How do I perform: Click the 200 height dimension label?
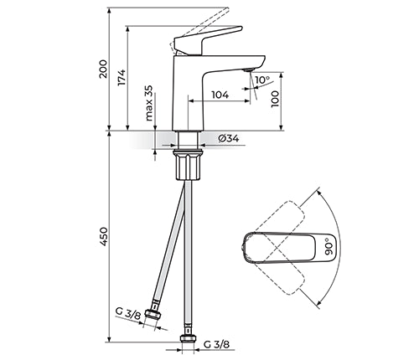103,69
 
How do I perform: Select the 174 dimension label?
122,77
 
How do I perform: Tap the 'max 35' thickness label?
149,103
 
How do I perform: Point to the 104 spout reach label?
220,95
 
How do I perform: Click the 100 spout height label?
275,99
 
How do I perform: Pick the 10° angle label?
262,80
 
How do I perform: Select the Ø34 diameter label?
229,138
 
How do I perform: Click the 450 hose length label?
103,237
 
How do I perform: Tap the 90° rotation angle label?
329,246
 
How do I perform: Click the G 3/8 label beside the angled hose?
128,315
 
